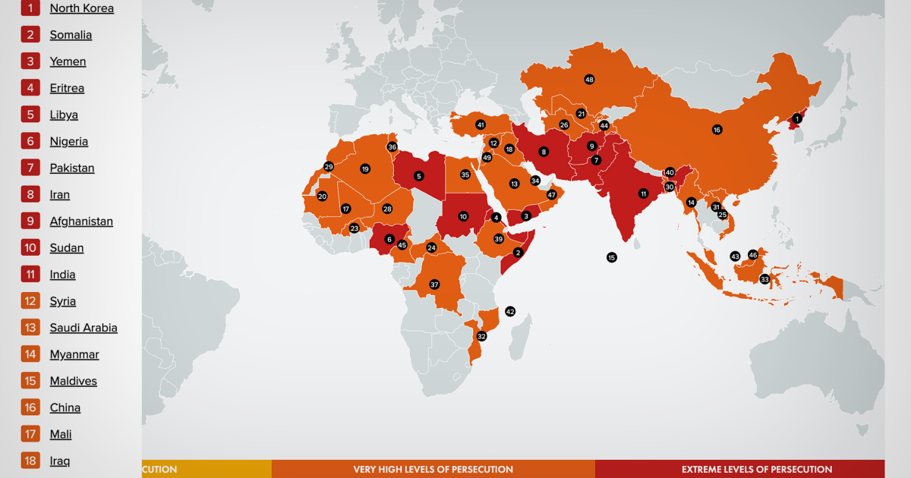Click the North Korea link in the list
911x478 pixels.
point(81,8)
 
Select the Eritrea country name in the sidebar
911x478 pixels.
point(67,88)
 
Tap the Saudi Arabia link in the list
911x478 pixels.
point(84,328)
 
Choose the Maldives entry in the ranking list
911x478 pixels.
point(73,381)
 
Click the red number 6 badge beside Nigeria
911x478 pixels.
point(30,141)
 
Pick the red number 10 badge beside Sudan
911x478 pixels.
point(30,247)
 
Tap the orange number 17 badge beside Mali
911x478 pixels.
point(30,434)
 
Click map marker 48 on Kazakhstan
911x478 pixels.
point(589,79)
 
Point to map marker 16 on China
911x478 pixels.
point(717,130)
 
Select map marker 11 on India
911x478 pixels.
point(643,193)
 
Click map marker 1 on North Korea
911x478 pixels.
point(797,118)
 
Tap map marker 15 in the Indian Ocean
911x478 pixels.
point(612,258)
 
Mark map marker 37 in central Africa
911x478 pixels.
point(434,285)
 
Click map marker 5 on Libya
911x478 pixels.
point(418,176)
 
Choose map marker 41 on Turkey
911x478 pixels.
point(481,124)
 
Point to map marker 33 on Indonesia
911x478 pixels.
point(764,279)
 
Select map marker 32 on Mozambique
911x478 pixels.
point(481,336)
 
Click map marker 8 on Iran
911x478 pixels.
point(544,152)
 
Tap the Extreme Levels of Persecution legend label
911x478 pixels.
point(756,470)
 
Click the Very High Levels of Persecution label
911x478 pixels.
point(433,470)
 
